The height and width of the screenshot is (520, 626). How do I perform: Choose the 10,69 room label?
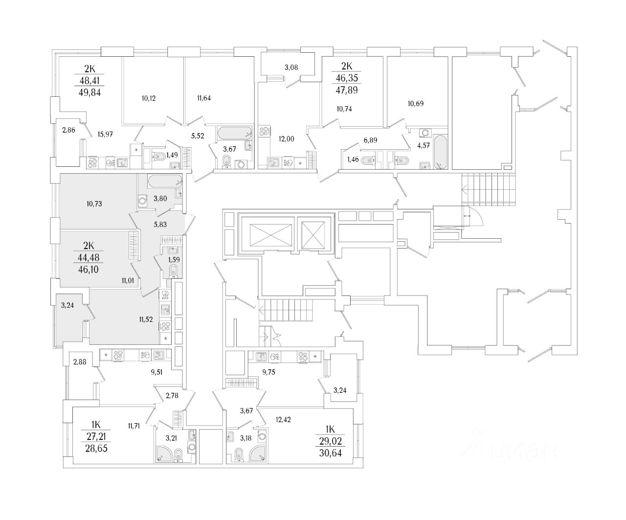416,103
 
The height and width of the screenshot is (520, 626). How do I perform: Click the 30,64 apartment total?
330,452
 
